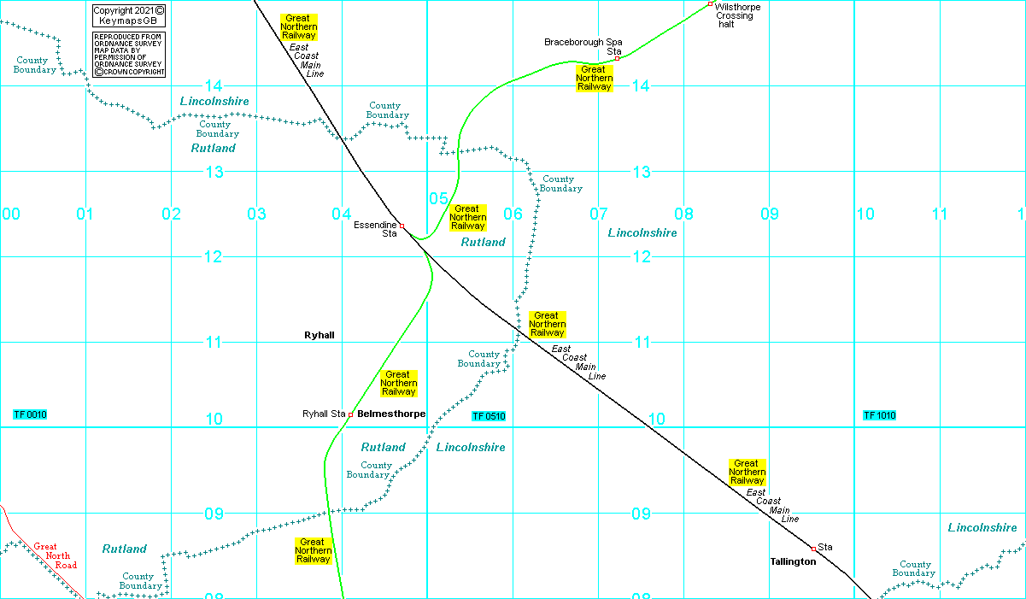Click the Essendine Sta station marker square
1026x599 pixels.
[x=402, y=226]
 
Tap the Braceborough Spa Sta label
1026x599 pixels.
[x=583, y=46]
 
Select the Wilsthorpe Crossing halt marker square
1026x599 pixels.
[x=710, y=4]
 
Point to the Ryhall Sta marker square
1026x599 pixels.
[x=350, y=415]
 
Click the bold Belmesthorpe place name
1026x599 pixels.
[x=391, y=414]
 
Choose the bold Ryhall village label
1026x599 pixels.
[x=319, y=336]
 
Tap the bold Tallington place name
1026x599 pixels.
[x=793, y=562]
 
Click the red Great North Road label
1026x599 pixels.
[x=56, y=555]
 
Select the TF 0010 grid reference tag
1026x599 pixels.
[x=30, y=415]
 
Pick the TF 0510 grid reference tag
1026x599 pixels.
[x=489, y=417]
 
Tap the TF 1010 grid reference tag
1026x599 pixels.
[x=879, y=416]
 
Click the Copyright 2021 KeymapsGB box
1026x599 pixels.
[x=128, y=15]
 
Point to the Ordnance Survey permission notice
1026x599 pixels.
[x=128, y=55]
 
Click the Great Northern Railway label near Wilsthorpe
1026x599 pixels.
[x=594, y=79]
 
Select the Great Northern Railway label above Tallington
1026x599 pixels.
[x=748, y=472]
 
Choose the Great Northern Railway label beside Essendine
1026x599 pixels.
[x=467, y=218]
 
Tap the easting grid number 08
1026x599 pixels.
[x=684, y=214]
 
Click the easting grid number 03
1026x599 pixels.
[x=256, y=214]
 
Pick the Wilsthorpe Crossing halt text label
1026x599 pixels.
[x=737, y=15]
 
